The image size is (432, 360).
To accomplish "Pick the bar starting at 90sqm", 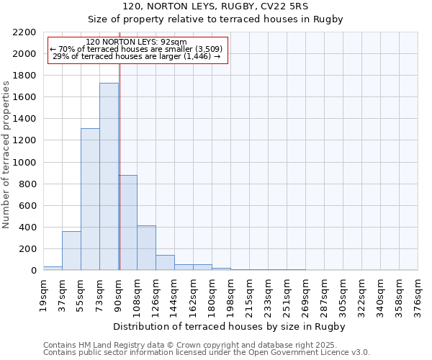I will pyautogui.click(x=128, y=222).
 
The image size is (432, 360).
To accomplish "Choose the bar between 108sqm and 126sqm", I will pyautogui.click(x=146, y=248).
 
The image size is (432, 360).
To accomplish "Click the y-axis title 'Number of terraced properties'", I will pyautogui.click(x=6, y=155).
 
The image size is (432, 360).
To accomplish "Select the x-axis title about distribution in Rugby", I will pyautogui.click(x=230, y=327).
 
